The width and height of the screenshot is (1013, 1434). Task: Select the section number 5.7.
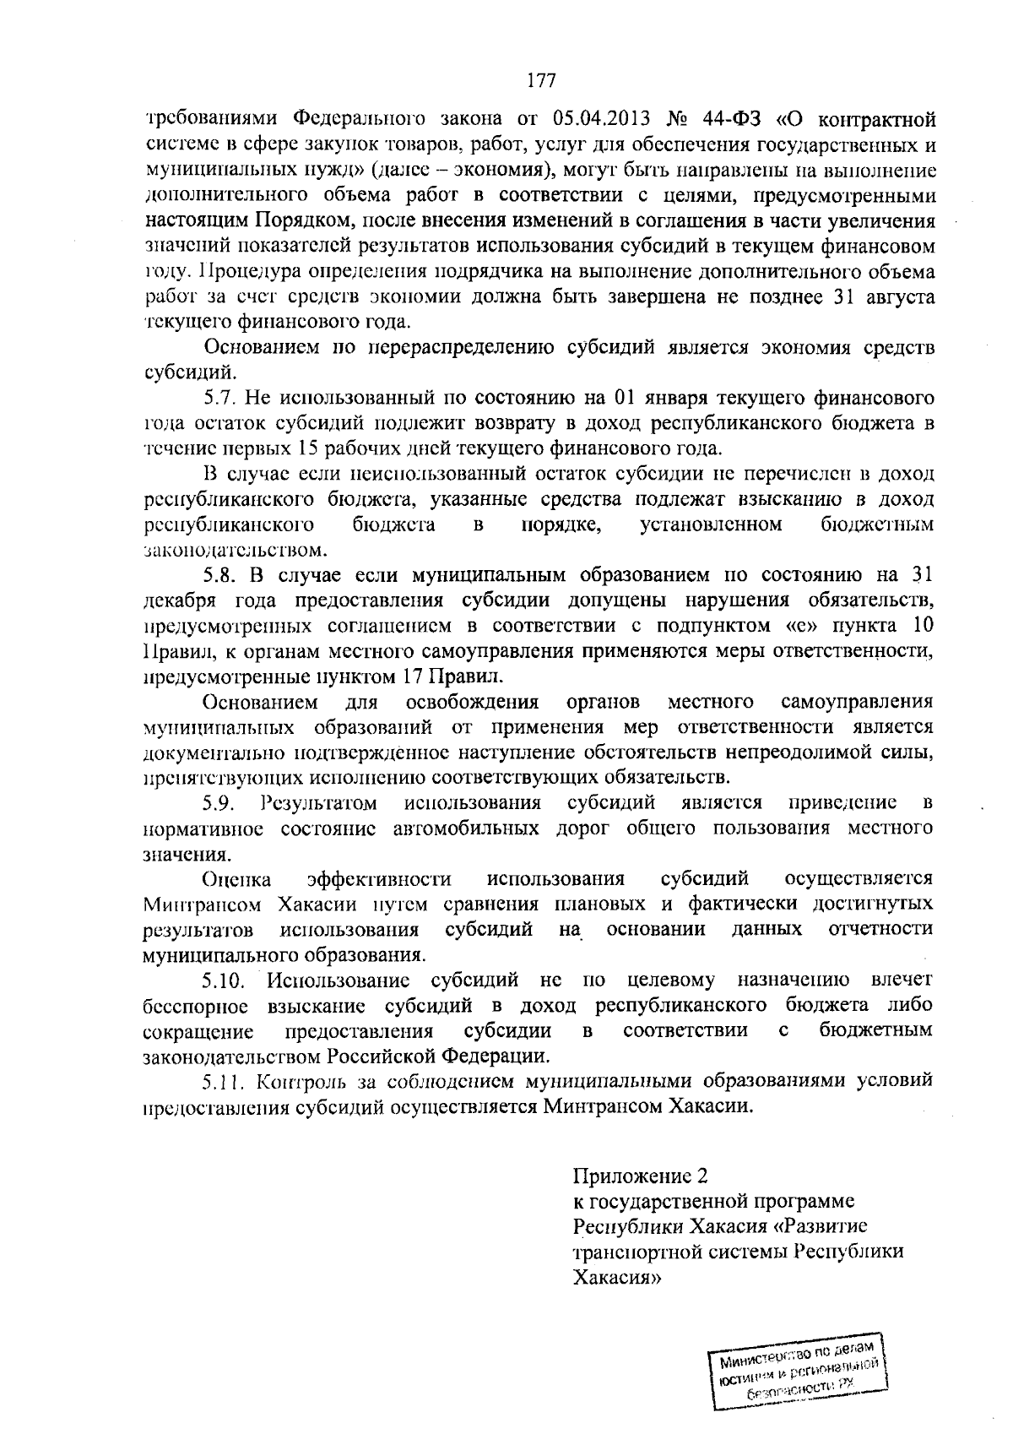[x=222, y=397]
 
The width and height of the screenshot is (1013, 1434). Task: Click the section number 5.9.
[x=222, y=801]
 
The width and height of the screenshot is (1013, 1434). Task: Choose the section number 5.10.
[x=227, y=980]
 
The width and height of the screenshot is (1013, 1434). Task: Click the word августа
[x=896, y=296]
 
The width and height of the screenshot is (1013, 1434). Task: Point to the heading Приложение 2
[x=639, y=1176]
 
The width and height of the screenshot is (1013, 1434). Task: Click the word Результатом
[x=319, y=801]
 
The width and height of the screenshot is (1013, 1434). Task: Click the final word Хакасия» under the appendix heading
[x=615, y=1278]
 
